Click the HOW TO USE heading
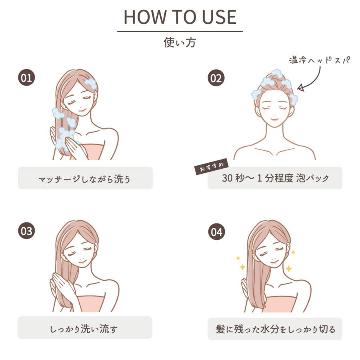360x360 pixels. click(180, 17)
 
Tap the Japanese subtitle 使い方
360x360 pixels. click(180, 42)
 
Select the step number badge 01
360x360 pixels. click(26, 78)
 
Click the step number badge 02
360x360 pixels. click(216, 78)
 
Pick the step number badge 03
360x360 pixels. click(26, 231)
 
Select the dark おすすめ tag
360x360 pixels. click(211, 166)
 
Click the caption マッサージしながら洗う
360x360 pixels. click(85, 178)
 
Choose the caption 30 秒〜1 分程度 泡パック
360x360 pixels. click(275, 178)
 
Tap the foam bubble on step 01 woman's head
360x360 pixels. click(91, 83)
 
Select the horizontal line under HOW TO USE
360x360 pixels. click(180, 31)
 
